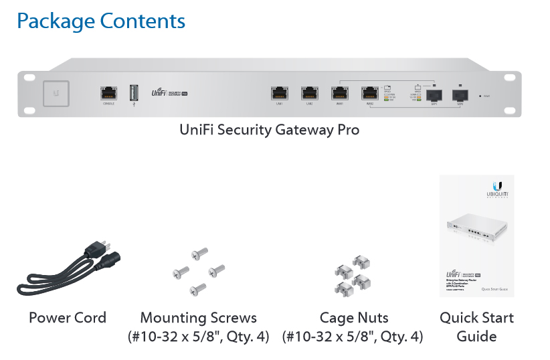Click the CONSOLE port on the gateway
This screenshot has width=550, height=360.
click(108, 92)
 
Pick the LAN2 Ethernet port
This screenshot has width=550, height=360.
click(309, 93)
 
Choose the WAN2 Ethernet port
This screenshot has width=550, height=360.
click(369, 93)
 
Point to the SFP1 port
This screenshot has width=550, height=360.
click(434, 94)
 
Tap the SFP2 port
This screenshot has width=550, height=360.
click(460, 94)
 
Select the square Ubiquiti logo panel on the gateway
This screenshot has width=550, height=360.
click(56, 93)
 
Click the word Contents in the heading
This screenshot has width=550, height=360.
click(143, 21)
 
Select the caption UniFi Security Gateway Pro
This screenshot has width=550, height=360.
click(269, 129)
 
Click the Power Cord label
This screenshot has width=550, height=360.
click(67, 317)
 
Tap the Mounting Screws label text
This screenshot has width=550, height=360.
click(198, 317)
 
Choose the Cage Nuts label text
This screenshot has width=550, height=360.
click(353, 317)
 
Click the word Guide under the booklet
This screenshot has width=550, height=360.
click(476, 336)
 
